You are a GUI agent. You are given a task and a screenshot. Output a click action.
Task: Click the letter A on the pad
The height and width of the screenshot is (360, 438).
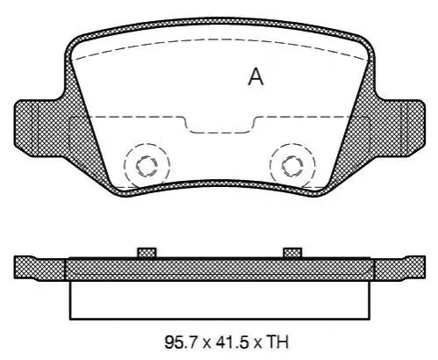255,77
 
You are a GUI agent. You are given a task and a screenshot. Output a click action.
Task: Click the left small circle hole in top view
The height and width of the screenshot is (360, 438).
147,166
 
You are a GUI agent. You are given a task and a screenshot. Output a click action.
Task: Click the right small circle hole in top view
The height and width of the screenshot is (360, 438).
292,166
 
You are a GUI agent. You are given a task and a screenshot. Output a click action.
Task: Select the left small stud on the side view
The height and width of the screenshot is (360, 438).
147,253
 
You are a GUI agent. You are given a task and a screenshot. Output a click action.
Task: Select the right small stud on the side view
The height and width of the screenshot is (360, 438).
292,253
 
